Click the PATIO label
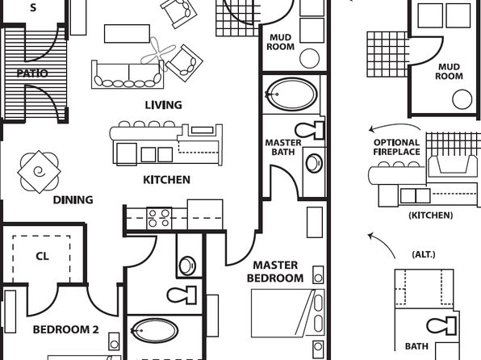[x=32, y=73]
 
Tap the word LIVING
[x=163, y=105]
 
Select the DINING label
[x=73, y=200]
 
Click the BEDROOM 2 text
[x=65, y=329]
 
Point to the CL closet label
[x=42, y=256]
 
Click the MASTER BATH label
[x=283, y=148]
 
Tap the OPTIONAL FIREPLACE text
[x=396, y=148]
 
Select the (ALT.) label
[x=424, y=254]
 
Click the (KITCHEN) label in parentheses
[x=431, y=216]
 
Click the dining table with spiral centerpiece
[x=40, y=172]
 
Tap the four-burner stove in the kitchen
[x=159, y=218]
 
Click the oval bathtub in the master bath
[x=291, y=94]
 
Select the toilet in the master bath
[x=310, y=131]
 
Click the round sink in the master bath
[x=314, y=163]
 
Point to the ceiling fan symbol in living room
[x=158, y=54]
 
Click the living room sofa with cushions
[x=128, y=74]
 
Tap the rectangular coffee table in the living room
[x=127, y=34]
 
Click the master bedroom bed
[x=288, y=313]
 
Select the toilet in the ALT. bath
[x=441, y=326]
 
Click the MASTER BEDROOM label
[x=275, y=271]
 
